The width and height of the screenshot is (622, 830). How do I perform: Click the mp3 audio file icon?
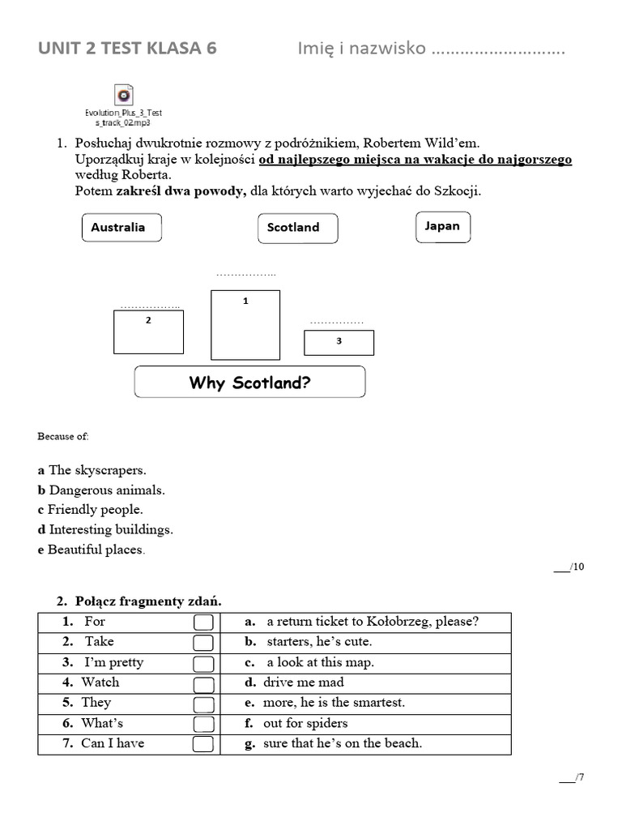(124, 94)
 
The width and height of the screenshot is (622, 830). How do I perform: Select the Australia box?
(121, 228)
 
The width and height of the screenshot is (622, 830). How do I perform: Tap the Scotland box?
(297, 228)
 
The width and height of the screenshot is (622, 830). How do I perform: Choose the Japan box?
(442, 226)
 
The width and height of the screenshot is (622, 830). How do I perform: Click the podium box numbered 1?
(245, 324)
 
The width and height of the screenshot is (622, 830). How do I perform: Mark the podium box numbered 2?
(148, 332)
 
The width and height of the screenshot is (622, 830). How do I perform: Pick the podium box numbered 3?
(339, 342)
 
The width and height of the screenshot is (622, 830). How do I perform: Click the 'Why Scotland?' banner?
(249, 382)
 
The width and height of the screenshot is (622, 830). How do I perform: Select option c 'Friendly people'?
(90, 510)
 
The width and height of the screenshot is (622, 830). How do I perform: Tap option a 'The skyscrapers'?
(92, 470)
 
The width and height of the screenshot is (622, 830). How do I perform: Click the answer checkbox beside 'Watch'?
(204, 683)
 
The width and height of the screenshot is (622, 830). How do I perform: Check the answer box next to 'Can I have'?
(204, 744)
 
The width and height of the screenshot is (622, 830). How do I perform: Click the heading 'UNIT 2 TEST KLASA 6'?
(127, 49)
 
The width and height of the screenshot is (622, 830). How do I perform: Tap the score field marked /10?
(569, 567)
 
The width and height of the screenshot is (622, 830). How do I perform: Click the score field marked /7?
(572, 778)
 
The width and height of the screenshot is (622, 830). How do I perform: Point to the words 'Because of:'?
(63, 436)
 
